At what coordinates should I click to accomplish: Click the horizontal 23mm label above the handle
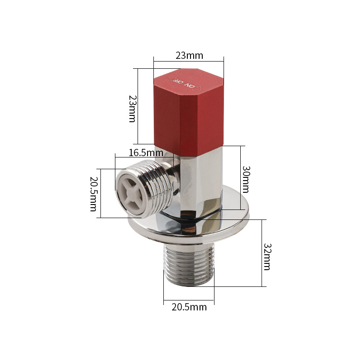pyautogui.click(x=189, y=56)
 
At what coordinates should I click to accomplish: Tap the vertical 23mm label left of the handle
pyautogui.click(x=133, y=109)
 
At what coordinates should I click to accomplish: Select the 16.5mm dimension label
pyautogui.click(x=146, y=153)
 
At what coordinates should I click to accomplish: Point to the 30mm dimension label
pyautogui.click(x=246, y=179)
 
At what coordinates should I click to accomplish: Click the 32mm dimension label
pyautogui.click(x=267, y=257)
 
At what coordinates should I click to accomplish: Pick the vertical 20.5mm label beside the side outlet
pyautogui.click(x=94, y=194)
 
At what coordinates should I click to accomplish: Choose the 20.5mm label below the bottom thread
pyautogui.click(x=189, y=307)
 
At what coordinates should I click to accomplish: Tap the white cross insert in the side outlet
pyautogui.click(x=130, y=193)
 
